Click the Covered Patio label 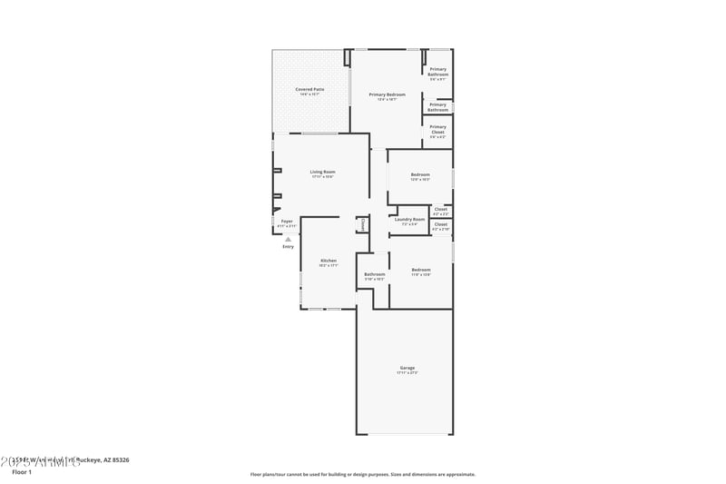coord(311,89)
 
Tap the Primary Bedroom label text coord(387,94)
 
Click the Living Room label coord(322,172)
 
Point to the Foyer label coord(286,221)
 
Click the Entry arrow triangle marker coord(288,239)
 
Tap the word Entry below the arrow coord(288,246)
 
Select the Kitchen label coord(328,261)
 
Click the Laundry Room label coord(409,219)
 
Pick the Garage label coord(407,368)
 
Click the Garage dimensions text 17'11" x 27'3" coord(407,373)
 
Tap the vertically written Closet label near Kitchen coord(363,222)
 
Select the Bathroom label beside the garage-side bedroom coord(375,274)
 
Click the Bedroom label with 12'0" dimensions coord(420,174)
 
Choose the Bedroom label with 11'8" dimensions coord(420,270)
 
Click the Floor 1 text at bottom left coord(21,472)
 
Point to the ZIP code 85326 coord(118,460)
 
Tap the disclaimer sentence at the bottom coord(362,474)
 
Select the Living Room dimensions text coord(322,177)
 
